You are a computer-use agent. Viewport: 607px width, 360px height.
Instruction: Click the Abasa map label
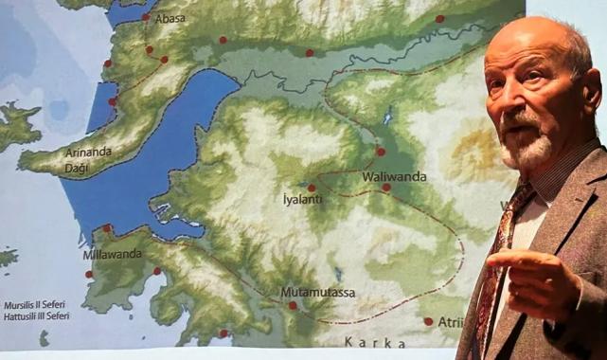point(170,18)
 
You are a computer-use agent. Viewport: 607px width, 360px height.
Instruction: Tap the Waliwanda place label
point(394,176)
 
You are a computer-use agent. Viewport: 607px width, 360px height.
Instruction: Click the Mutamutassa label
point(318,292)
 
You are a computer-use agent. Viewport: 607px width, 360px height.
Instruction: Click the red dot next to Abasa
point(146,17)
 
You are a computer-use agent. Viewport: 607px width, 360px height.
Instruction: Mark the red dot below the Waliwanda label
point(386,188)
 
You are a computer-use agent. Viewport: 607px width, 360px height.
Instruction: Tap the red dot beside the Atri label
point(428,321)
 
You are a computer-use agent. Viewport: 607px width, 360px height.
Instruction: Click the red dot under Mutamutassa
point(293,305)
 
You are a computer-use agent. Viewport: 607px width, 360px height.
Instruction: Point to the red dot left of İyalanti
point(312,188)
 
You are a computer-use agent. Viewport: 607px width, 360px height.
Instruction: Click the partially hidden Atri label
point(450,322)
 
